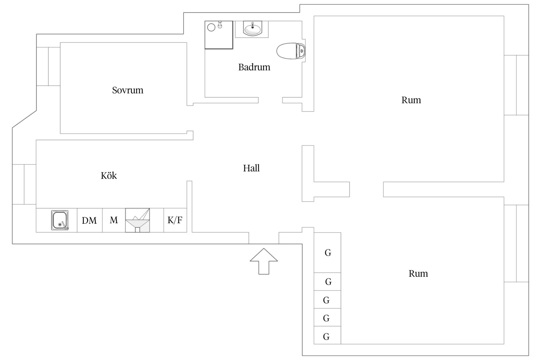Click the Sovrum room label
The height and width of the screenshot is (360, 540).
pyautogui.click(x=128, y=90)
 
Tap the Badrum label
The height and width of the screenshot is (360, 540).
pyautogui.click(x=254, y=67)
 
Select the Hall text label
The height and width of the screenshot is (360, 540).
pyautogui.click(x=251, y=168)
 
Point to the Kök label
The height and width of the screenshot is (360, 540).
pyautogui.click(x=109, y=176)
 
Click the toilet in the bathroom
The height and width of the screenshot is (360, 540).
pyautogui.click(x=291, y=51)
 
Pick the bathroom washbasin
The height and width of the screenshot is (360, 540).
pyautogui.click(x=252, y=29)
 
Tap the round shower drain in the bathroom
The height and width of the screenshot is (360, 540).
pyautogui.click(x=211, y=27)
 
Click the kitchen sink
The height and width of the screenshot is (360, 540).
pyautogui.click(x=60, y=220)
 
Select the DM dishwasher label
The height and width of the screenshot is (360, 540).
pyautogui.click(x=89, y=220)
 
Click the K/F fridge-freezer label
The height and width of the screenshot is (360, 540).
pyautogui.click(x=175, y=220)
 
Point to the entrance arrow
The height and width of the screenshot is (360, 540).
pyautogui.click(x=264, y=261)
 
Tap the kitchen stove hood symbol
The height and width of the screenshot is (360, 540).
pyautogui.click(x=137, y=220)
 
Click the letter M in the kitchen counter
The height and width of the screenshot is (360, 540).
pyautogui.click(x=114, y=220)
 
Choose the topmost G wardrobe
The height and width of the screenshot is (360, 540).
pyautogui.click(x=327, y=252)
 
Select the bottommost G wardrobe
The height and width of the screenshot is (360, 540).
pyautogui.click(x=327, y=335)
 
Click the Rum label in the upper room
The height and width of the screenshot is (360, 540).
pyautogui.click(x=411, y=100)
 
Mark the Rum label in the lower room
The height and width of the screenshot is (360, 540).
pyautogui.click(x=418, y=273)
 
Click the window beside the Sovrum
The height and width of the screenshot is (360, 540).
pyautogui.click(x=48, y=66)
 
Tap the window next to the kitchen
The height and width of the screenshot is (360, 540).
pyautogui.click(x=24, y=184)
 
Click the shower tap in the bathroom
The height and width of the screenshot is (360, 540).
pyautogui.click(x=220, y=25)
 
